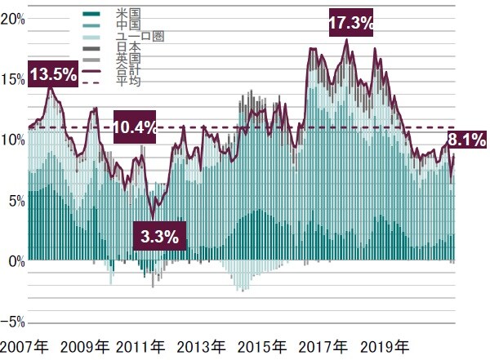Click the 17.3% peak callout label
tap(351, 24)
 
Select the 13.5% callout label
tap(53, 73)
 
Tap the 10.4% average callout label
tap(136, 127)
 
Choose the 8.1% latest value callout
tap(468, 140)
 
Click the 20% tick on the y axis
tap(13, 18)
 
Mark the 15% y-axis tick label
tap(13, 78)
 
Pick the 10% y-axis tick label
tap(13, 140)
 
